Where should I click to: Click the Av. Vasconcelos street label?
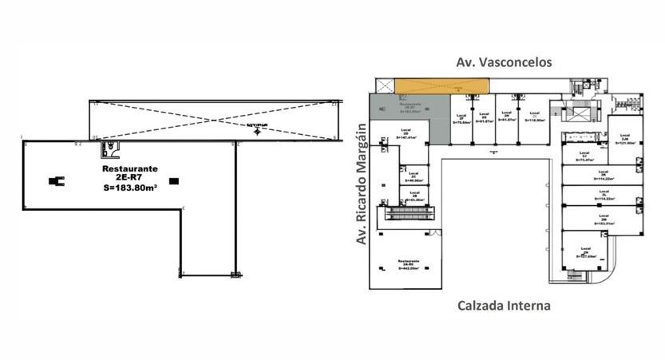tap(503, 61)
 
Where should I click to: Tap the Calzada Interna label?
tap(503, 306)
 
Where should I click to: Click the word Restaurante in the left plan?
tap(130, 169)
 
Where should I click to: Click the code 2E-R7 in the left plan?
tap(130, 179)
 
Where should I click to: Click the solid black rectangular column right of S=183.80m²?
tap(174, 181)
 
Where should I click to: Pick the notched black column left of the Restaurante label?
tap(57, 181)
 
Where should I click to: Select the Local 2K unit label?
tap(604, 176)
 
